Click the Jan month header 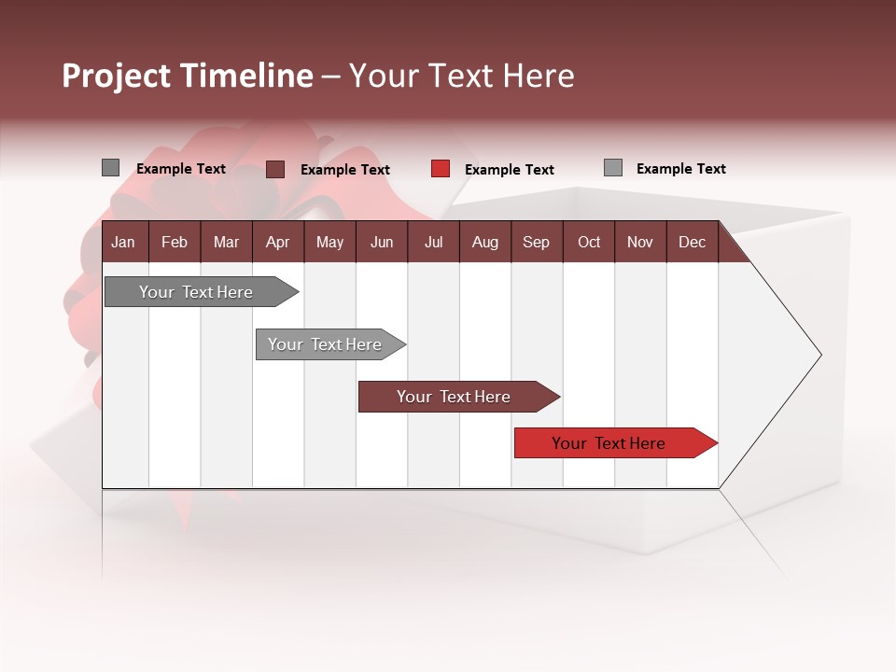[123, 242]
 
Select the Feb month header [175, 242]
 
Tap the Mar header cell [226, 242]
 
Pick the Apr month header [277, 242]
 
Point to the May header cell [329, 242]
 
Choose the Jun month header [382, 242]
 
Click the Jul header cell [433, 242]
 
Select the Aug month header [484, 242]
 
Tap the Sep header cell [536, 242]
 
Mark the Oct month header [589, 242]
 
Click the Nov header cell [640, 242]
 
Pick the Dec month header [692, 242]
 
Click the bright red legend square [441, 169]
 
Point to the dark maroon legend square [275, 169]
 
